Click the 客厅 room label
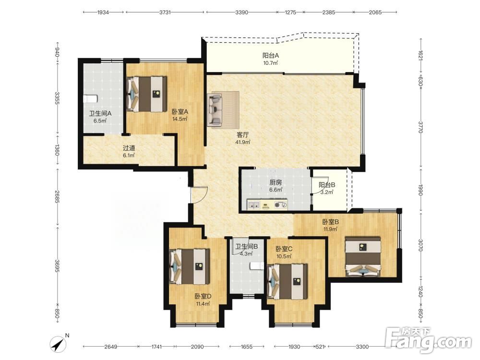242,135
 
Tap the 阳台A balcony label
271,56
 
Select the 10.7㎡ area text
271,63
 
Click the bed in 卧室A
146,94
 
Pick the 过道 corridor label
129,148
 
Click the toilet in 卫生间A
90,98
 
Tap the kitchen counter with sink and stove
267,204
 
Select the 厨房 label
276,183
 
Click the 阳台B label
327,185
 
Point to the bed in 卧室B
363,256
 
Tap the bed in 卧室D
190,266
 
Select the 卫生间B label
246,246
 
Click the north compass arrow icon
59,344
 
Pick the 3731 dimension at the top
165,12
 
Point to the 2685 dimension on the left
57,197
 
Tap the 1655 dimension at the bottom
247,347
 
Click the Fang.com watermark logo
428,339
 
